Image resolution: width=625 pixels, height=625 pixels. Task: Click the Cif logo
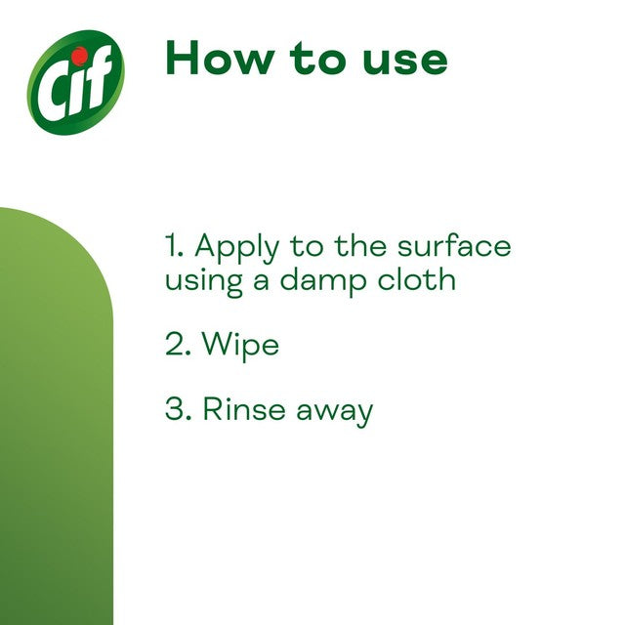point(76,82)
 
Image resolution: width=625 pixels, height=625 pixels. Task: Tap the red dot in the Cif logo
point(80,56)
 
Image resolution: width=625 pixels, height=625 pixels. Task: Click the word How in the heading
point(220,58)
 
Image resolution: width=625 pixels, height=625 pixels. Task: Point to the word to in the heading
point(317,59)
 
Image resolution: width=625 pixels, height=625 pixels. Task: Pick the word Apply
point(236,248)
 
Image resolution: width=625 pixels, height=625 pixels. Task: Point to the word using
point(204,282)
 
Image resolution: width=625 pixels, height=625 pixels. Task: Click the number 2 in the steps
point(178,344)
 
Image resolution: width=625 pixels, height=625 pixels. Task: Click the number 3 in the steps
point(178,408)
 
